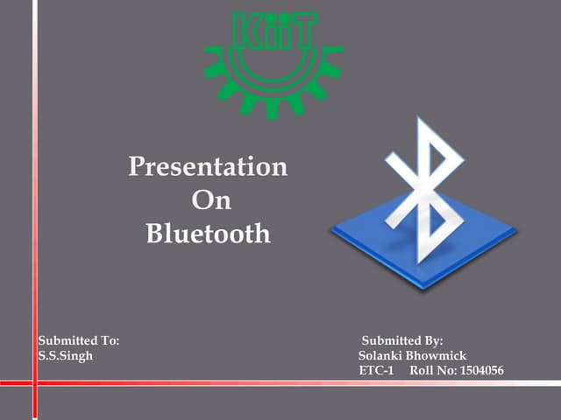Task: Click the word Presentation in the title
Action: click(208, 166)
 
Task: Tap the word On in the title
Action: click(210, 200)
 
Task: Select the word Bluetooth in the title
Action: click(208, 234)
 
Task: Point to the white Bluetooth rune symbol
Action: click(424, 188)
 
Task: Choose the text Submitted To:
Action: click(79, 339)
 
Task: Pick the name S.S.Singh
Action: click(66, 355)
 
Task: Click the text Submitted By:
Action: click(403, 339)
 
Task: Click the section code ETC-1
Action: click(377, 371)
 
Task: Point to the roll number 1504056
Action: click(481, 371)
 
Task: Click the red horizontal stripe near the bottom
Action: click(280, 383)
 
